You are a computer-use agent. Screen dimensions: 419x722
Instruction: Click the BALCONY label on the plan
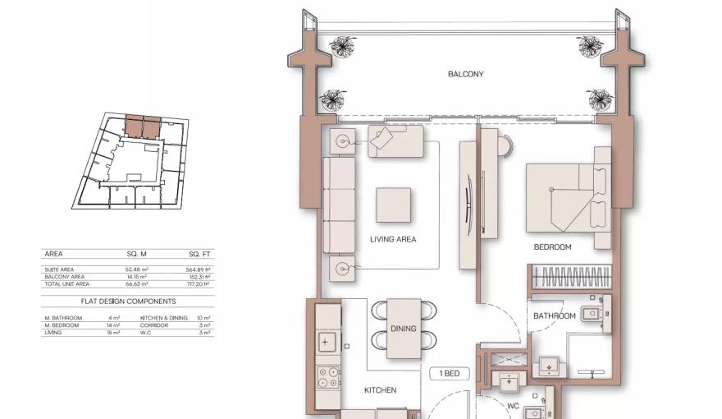pyautogui.click(x=465, y=74)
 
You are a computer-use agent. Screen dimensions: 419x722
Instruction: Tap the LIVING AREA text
pyautogui.click(x=393, y=240)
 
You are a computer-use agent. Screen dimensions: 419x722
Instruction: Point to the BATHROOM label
pyautogui.click(x=554, y=315)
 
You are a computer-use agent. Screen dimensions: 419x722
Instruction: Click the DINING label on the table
pyautogui.click(x=403, y=329)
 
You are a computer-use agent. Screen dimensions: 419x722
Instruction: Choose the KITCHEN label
pyautogui.click(x=380, y=390)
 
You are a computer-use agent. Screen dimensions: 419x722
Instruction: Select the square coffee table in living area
pyautogui.click(x=393, y=205)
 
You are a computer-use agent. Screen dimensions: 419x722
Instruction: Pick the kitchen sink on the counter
pyautogui.click(x=327, y=340)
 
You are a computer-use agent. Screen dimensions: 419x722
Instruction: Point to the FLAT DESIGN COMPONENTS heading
pyautogui.click(x=128, y=302)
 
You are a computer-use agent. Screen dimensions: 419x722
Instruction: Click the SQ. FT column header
pyautogui.click(x=200, y=254)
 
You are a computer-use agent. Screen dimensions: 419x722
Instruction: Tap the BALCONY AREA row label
pyautogui.click(x=65, y=277)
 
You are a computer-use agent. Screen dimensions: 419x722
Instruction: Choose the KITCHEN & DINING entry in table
pyautogui.click(x=164, y=317)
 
